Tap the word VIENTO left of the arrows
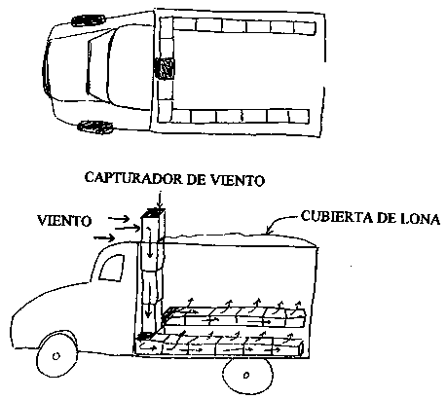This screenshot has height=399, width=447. pos(64,221)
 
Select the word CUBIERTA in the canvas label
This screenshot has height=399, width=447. pos(336,216)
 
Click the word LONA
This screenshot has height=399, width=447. pos(419,219)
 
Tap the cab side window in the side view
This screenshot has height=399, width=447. pos(112,268)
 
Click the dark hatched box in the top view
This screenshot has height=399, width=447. pos(165,68)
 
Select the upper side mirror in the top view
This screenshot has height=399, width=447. pos(89,20)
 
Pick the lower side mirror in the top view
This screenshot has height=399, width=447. pos(95,127)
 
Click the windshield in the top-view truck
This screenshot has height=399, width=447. pos(100,68)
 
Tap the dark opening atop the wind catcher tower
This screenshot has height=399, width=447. pos(155,213)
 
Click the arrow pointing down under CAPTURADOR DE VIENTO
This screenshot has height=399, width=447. pos(159,199)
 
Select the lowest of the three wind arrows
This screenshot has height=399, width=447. pos(104,238)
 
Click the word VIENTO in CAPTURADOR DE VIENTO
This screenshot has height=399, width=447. pos(238,180)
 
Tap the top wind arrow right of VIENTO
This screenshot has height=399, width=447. pos(119,219)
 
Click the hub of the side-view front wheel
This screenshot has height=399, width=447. pos(56,356)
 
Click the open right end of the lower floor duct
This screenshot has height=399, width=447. pos(300,347)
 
